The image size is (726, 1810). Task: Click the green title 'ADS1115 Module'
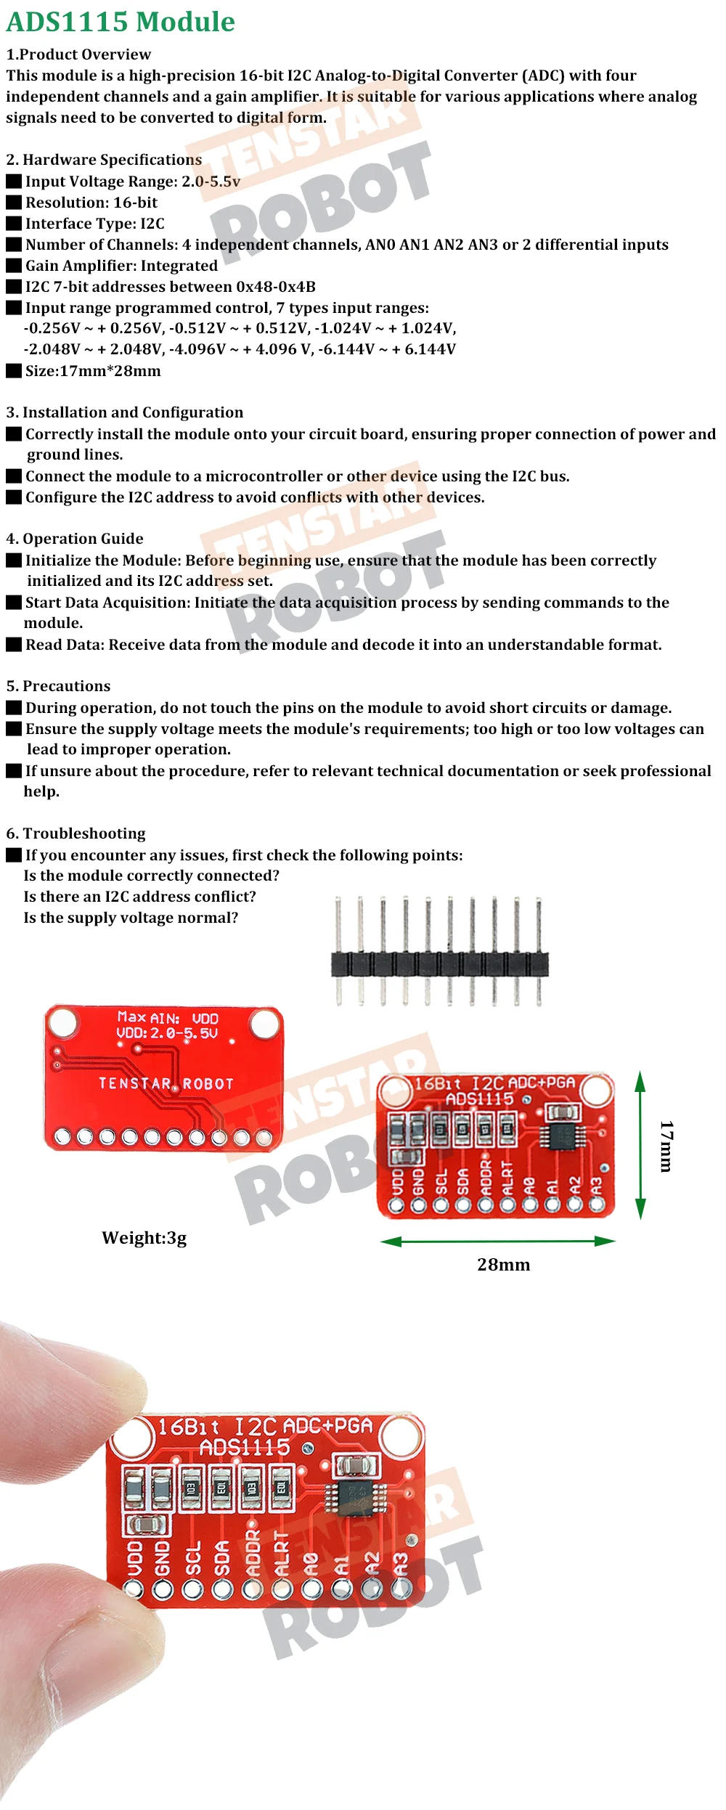click(121, 22)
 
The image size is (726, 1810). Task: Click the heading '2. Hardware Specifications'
click(104, 160)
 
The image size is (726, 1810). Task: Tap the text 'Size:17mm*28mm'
click(93, 371)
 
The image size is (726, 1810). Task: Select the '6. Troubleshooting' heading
click(76, 833)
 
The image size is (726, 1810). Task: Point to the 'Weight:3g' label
click(144, 1238)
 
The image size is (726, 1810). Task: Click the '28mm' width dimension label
click(503, 1265)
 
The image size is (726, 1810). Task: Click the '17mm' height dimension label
click(666, 1146)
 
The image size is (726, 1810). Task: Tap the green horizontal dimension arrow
click(498, 1242)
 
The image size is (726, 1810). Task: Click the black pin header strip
click(439, 964)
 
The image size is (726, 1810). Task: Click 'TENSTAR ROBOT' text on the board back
click(166, 1084)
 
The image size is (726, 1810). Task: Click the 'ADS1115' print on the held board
click(245, 1448)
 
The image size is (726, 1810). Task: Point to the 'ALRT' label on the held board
click(282, 1554)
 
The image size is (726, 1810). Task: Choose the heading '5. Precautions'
click(58, 686)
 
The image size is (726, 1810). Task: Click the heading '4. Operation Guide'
click(75, 539)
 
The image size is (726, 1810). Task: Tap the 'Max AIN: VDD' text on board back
click(168, 1018)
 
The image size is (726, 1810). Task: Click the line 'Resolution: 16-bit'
click(91, 203)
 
